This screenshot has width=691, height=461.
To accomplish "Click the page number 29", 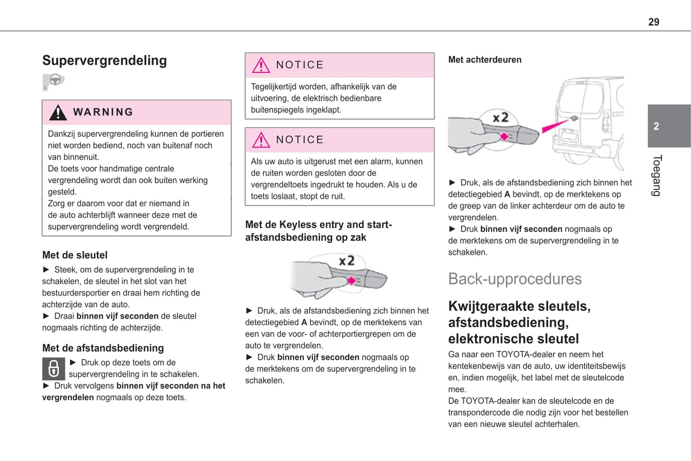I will [x=653, y=22].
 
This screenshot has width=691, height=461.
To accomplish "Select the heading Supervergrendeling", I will [x=104, y=61].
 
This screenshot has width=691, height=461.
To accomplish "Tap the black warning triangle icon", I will [x=58, y=112].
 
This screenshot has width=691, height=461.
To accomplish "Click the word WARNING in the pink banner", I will [x=103, y=112].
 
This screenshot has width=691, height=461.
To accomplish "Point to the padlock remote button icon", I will [x=54, y=369].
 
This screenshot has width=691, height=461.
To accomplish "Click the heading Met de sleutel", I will [x=75, y=255].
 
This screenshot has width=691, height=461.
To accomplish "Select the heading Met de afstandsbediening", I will [x=103, y=348].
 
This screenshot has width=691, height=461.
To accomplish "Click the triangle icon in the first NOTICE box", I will [x=261, y=65].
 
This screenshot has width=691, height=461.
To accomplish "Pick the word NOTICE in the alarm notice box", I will [x=300, y=140].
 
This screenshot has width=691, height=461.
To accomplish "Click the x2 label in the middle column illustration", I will [x=347, y=261].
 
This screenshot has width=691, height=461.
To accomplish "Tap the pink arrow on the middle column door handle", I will [x=352, y=281].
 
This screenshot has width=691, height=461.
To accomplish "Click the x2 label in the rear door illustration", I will [x=500, y=117].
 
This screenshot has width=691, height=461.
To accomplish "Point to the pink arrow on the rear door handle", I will [x=504, y=137].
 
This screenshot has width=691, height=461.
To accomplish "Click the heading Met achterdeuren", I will [x=484, y=60].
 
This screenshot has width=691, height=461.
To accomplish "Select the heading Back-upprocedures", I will [x=515, y=279].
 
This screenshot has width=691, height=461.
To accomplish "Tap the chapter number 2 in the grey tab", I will [x=656, y=126].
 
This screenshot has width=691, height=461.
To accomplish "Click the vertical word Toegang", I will [x=657, y=176].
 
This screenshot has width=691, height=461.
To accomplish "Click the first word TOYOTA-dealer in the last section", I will [x=527, y=354].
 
